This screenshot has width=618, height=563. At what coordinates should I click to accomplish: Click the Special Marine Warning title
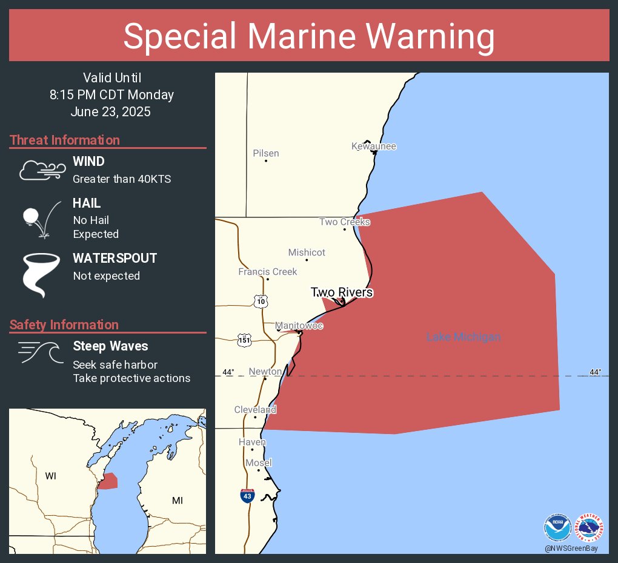click(309, 36)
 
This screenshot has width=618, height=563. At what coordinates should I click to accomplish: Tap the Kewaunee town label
click(374, 147)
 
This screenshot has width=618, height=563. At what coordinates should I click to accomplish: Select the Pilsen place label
click(266, 153)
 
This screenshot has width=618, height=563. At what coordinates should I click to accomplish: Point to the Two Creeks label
click(344, 222)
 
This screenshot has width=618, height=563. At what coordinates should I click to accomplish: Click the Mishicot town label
click(307, 252)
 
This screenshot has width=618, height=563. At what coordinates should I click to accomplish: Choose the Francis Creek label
click(268, 272)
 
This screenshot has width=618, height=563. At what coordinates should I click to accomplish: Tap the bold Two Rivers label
click(342, 292)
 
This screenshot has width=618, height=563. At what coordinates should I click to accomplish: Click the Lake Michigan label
click(463, 337)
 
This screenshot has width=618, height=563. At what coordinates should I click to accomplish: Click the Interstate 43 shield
click(247, 496)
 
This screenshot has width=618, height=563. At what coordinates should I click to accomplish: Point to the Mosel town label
click(259, 463)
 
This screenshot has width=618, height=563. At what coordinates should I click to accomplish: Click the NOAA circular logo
click(557, 527)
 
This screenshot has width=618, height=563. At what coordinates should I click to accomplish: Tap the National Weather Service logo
click(589, 527)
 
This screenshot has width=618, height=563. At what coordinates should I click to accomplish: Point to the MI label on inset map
click(178, 500)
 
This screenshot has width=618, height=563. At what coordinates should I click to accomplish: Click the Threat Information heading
click(65, 140)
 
